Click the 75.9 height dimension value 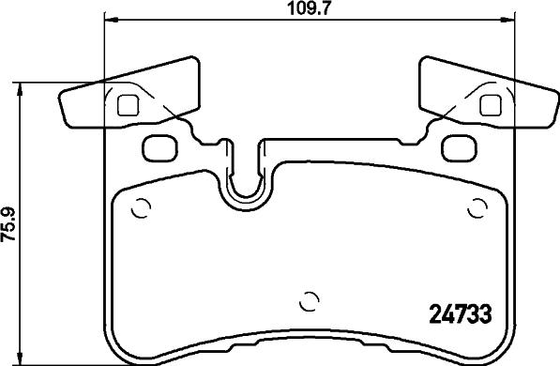click(8, 225)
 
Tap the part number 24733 click(460, 314)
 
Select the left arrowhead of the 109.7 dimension click(111, 20)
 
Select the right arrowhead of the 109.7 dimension click(507, 20)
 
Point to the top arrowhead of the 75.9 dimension click(20, 90)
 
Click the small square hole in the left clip click(128, 105)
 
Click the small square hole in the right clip click(491, 105)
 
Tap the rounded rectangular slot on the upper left click(160, 148)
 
